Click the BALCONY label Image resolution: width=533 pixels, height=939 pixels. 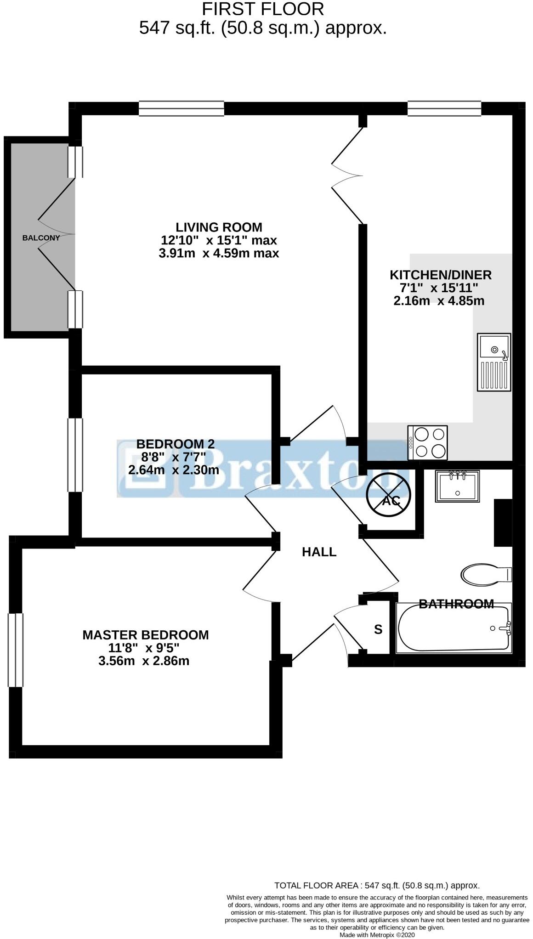coord(41,238)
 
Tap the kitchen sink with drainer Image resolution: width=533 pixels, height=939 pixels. coord(493,362)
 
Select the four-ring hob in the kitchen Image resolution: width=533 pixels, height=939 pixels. coord(427,442)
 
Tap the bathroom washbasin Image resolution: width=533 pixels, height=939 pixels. coord(457,486)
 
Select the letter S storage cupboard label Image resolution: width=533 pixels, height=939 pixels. coord(378,629)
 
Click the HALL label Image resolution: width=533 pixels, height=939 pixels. coord(319,552)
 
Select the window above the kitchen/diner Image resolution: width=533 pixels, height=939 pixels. coord(444,108)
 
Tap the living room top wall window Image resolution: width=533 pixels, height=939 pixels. coord(181,108)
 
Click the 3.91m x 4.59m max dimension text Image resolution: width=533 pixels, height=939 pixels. coord(218,253)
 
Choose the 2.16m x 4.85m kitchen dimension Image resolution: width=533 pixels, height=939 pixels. coord(439,301)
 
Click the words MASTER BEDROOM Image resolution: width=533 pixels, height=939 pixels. coord(145,635)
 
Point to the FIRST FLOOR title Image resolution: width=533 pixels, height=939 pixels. coord(263,9)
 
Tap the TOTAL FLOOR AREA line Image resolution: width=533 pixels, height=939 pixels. coord(376,885)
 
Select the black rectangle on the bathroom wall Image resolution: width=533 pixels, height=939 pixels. coord(503,522)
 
